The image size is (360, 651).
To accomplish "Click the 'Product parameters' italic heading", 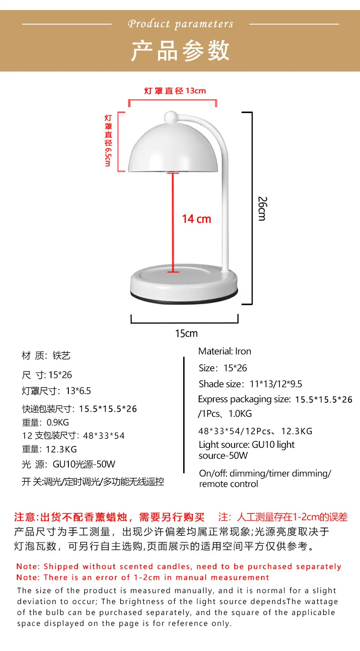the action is pyautogui.click(x=180, y=24).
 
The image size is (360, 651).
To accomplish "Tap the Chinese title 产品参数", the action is pyautogui.click(x=180, y=51).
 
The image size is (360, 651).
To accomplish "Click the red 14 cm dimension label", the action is pyautogui.click(x=196, y=219).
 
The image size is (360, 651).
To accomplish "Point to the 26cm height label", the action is pyautogui.click(x=262, y=209).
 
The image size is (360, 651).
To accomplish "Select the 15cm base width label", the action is pyautogui.click(x=186, y=333).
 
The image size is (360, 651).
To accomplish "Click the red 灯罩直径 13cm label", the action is pyautogui.click(x=175, y=91).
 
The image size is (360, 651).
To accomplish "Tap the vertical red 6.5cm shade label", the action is pyautogui.click(x=108, y=141).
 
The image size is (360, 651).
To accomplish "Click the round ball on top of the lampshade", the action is pyautogui.click(x=171, y=117).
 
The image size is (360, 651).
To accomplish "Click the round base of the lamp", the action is pyautogui.click(x=184, y=284).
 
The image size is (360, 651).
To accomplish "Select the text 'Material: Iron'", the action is pyautogui.click(x=225, y=351).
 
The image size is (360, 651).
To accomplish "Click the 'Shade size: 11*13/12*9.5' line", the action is pyautogui.click(x=250, y=384).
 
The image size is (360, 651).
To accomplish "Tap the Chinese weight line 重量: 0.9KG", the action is pyautogui.click(x=46, y=422).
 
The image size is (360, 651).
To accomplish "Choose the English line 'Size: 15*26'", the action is pyautogui.click(x=223, y=368).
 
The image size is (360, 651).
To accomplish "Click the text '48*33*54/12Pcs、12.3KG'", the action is pyautogui.click(x=255, y=431).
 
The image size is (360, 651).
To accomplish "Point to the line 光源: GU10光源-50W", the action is pyautogui.click(x=68, y=464).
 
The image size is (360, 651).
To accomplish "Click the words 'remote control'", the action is pyautogui.click(x=229, y=484).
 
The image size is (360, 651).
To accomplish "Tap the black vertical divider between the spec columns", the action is pyautogui.click(x=184, y=415).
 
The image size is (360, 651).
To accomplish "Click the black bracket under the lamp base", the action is pyautogui.click(x=185, y=322).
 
